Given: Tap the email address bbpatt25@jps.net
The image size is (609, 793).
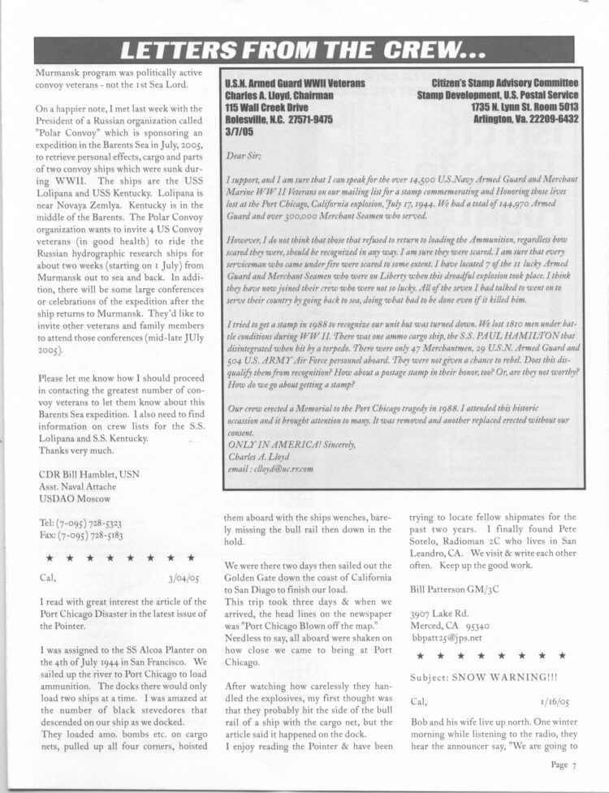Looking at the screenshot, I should click(447, 638).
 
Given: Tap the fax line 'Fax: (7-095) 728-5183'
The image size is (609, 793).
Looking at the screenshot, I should click(80, 537).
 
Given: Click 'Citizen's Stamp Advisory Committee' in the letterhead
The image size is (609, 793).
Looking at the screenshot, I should click(504, 84).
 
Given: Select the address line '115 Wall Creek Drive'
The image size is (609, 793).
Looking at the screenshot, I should click(267, 106).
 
